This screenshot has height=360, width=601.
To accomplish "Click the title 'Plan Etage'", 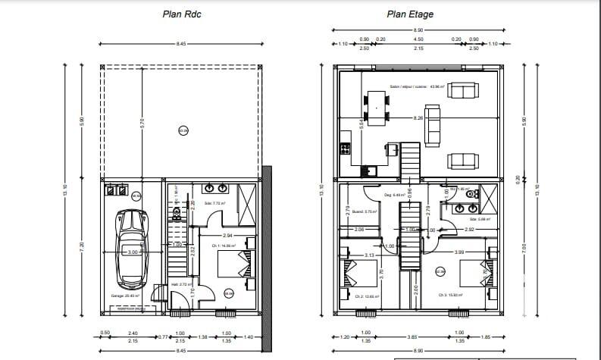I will (410, 13).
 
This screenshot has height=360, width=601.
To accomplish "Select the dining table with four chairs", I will (375, 106).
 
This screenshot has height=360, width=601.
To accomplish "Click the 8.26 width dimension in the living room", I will (418, 118).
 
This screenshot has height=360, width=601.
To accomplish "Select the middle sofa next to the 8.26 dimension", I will (433, 126).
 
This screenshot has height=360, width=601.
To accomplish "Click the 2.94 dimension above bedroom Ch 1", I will (227, 236).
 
